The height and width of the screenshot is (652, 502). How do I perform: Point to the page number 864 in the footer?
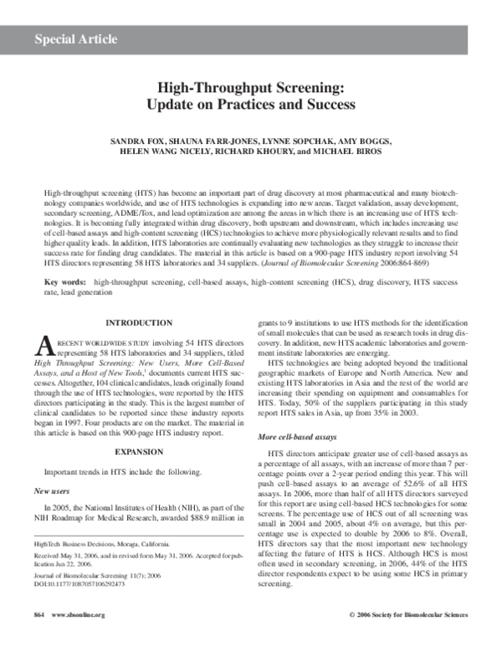(x=38, y=638)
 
